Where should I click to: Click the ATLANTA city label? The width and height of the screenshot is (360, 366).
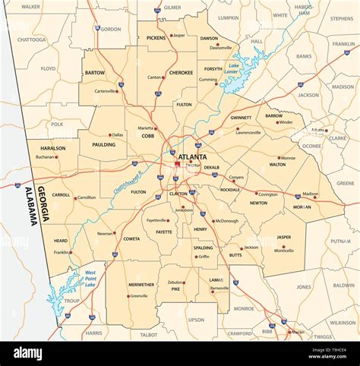(192, 156)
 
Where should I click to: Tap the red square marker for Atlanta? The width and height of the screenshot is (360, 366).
(177, 164)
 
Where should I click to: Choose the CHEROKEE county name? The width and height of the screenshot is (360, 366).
(181, 73)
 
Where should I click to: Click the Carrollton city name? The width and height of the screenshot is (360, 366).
(87, 197)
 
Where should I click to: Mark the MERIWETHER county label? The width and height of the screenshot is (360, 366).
(141, 285)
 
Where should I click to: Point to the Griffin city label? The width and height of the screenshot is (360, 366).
(204, 257)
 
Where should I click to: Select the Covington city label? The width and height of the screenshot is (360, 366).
(268, 194)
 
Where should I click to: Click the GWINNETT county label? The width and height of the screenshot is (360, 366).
(241, 118)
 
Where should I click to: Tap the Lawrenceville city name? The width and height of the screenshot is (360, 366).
(248, 132)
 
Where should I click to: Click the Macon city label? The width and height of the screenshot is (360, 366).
(298, 332)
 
